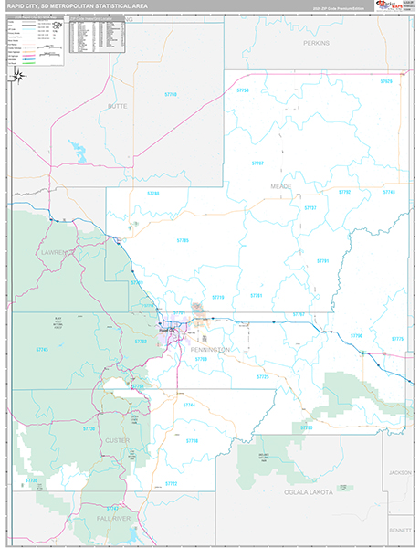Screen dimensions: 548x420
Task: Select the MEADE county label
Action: [x=280, y=184]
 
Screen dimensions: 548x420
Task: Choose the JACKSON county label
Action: [x=398, y=473]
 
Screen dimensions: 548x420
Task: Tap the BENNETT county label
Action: [x=398, y=530]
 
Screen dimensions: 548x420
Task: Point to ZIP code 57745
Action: [x=42, y=350]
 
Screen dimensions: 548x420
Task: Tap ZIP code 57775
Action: [x=397, y=339]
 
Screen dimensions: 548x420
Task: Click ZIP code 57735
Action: [x=30, y=479]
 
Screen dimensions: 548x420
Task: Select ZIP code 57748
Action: [x=189, y=405]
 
